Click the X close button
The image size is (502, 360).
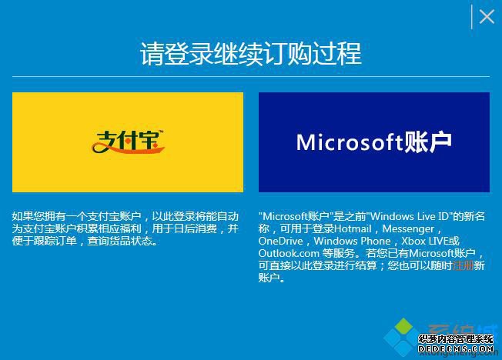[x=487, y=16]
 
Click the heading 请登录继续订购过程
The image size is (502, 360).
[x=251, y=55]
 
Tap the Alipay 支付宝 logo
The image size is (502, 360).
[x=129, y=141]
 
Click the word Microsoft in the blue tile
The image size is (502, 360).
[x=350, y=142]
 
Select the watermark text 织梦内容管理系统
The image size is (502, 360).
[x=455, y=338]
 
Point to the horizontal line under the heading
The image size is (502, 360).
[x=251, y=77]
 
